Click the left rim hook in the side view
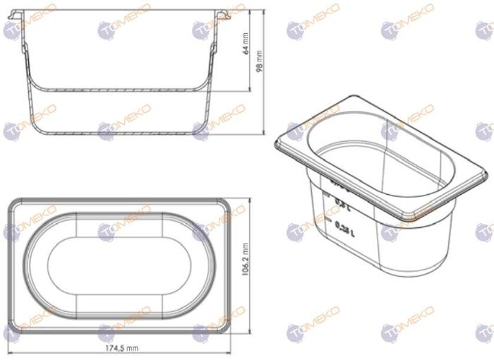click(22, 13)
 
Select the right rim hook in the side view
click(220, 13)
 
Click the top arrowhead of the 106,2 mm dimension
click(251, 200)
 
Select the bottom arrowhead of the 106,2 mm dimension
click(251, 332)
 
